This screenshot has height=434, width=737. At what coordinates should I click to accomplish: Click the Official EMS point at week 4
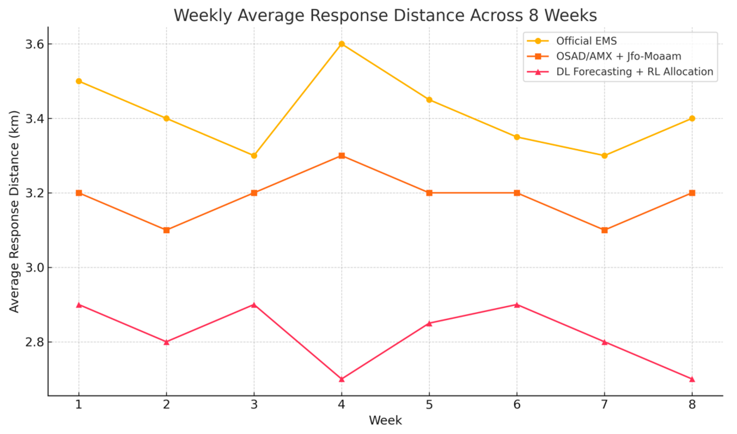point(342,44)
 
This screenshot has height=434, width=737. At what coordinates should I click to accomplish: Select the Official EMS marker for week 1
point(79,81)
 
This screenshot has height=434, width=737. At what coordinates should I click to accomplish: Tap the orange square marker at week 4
point(342,156)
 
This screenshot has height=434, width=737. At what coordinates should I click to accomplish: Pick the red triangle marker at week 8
point(692,379)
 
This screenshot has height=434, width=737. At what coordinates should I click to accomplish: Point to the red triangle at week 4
point(342,379)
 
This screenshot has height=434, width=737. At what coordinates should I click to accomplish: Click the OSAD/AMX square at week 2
point(166,230)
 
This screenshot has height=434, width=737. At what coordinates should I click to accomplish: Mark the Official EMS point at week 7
point(604,156)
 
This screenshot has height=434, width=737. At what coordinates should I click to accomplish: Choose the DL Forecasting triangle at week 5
point(429,323)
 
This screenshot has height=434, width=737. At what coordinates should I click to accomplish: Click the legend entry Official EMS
point(587,41)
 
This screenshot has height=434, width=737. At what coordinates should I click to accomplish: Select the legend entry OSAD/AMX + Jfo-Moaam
point(619,56)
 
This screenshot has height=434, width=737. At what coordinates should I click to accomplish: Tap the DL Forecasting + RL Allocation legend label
point(635,71)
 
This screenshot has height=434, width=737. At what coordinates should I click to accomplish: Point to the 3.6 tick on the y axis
point(35,44)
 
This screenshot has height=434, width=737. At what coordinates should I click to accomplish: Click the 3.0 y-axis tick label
point(35,267)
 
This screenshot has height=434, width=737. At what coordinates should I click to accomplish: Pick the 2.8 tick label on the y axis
point(35,342)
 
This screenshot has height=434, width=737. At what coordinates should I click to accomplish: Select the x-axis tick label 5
point(429,405)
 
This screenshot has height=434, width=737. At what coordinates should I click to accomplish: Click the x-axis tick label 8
point(692,405)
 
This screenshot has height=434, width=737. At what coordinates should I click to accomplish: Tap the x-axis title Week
point(385,420)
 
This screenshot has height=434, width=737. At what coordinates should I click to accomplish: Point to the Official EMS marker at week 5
point(429,100)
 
